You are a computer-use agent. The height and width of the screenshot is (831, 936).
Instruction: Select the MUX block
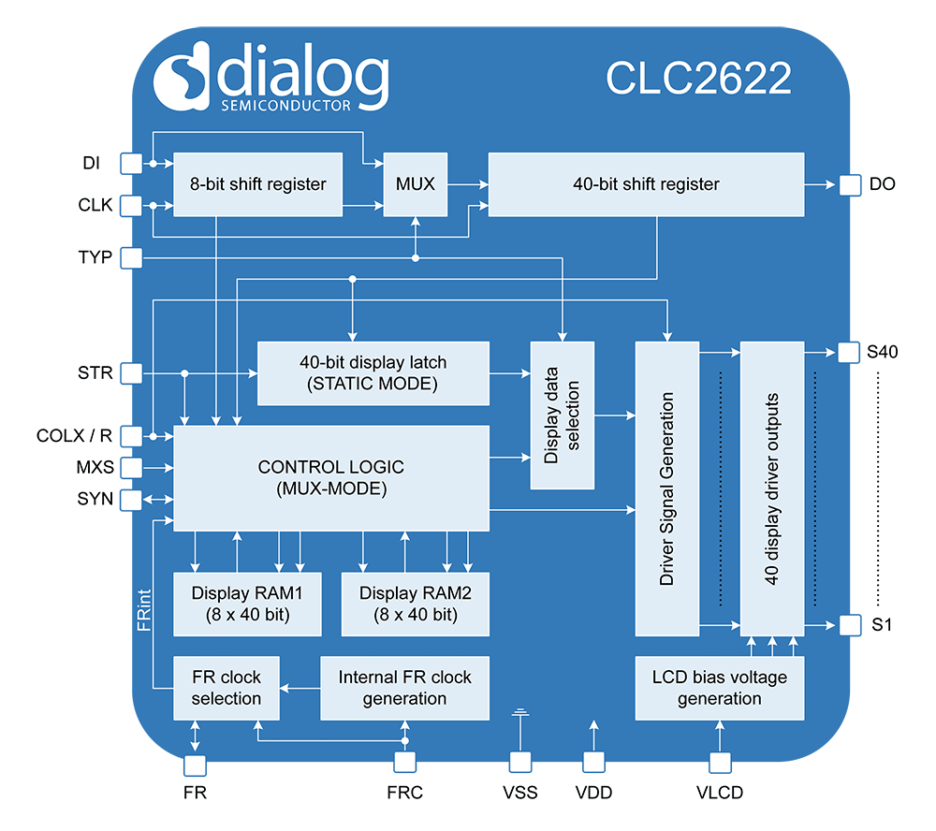tap(416, 184)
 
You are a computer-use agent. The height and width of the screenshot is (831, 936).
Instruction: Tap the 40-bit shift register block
tap(646, 184)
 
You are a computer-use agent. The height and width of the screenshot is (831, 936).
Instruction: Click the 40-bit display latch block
tap(373, 372)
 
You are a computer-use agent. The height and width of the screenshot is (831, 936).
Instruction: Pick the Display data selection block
tap(563, 415)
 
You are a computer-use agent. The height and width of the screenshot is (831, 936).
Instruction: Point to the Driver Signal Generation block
tap(667, 488)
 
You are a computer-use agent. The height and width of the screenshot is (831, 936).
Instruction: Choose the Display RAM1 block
tap(247, 604)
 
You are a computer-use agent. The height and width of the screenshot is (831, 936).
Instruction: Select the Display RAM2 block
tap(415, 604)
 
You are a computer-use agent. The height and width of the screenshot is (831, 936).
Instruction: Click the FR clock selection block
tap(227, 688)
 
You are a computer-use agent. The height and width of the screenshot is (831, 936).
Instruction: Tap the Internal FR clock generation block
tap(404, 688)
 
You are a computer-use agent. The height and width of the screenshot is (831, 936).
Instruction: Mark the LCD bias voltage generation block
tap(719, 688)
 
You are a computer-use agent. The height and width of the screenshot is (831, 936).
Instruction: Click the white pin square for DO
tap(849, 184)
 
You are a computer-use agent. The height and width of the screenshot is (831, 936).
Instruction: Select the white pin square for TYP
tap(132, 256)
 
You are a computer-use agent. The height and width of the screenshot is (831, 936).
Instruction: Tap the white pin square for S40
tap(849, 353)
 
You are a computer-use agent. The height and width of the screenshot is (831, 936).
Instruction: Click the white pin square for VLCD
tap(719, 764)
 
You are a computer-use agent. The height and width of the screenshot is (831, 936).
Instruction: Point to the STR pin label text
tap(95, 373)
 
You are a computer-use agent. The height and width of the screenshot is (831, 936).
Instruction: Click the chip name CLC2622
tap(698, 79)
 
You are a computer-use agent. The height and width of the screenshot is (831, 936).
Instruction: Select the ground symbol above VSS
tap(519, 716)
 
